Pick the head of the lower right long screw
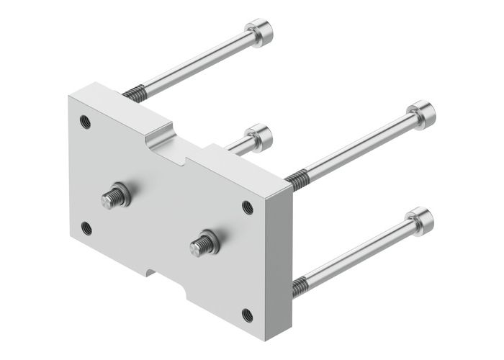click(419, 217)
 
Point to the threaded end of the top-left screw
click(135, 91)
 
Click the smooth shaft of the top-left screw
click(194, 64)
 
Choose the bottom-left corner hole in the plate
click(86, 228)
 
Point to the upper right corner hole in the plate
click(248, 207)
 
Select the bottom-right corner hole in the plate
click(247, 314)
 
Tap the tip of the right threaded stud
click(195, 248)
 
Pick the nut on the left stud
click(123, 195)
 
